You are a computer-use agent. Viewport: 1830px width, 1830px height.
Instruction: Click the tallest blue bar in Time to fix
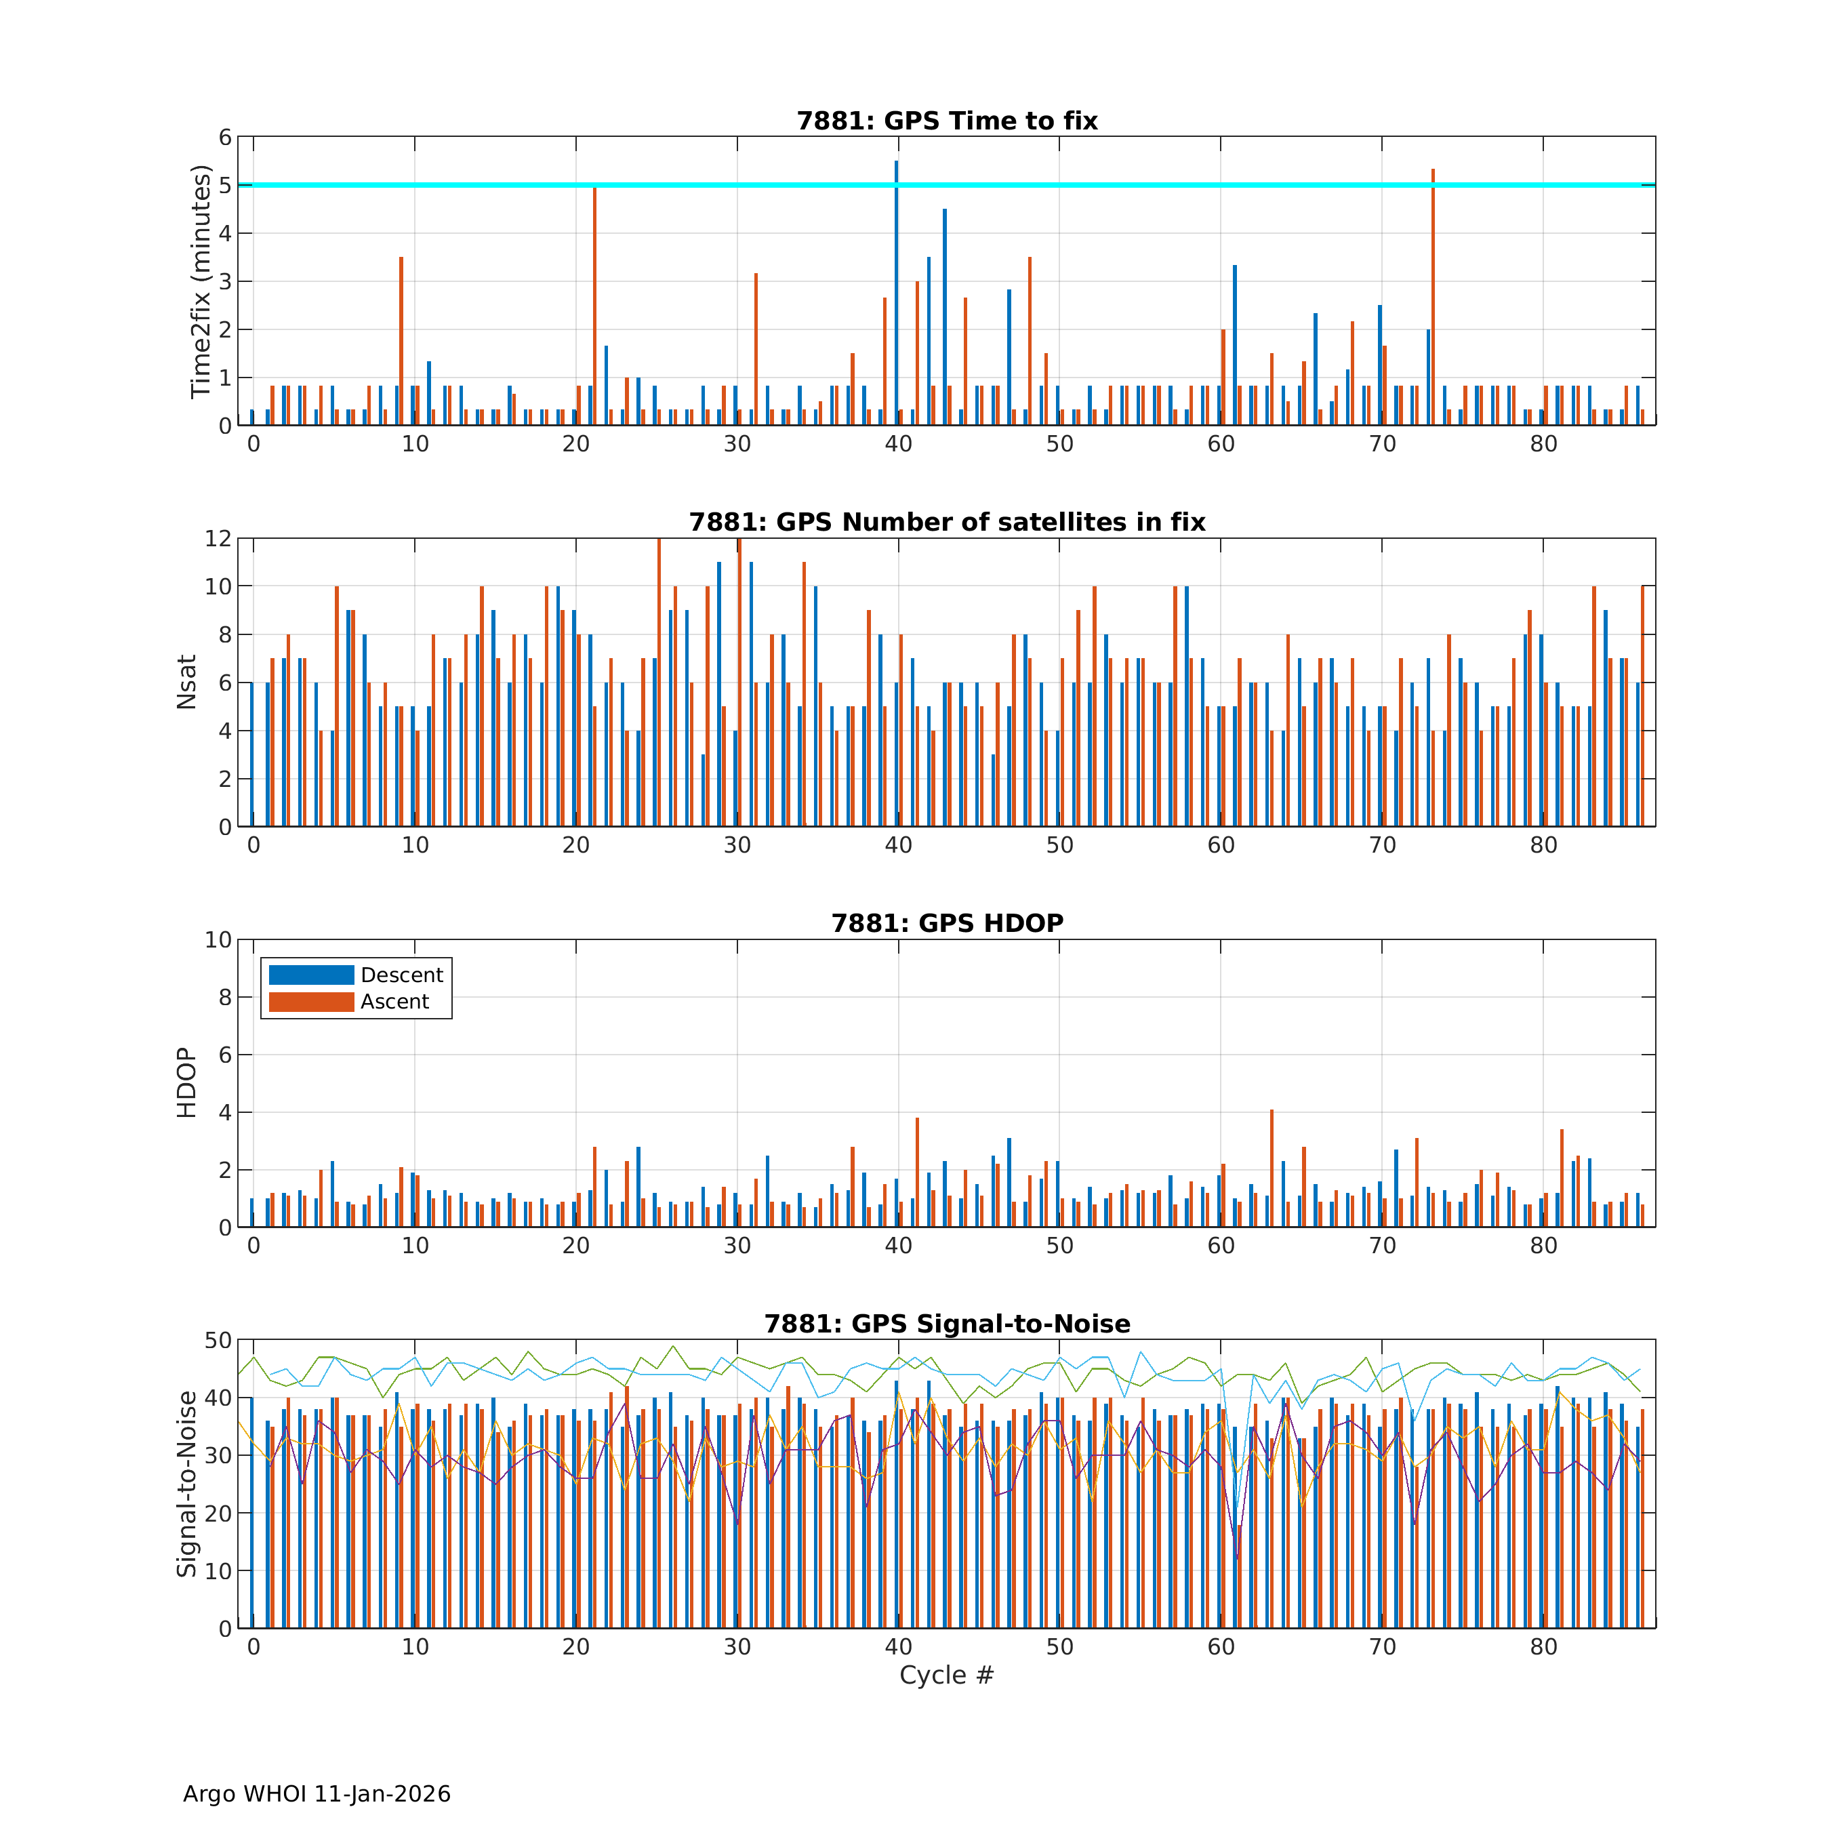coord(896,293)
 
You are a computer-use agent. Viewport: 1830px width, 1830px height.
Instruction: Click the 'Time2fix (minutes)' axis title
coord(200,281)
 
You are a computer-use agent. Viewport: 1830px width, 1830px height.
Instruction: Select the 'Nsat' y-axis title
coord(186,682)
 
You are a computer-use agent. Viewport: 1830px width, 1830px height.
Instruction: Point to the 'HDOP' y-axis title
coord(186,1082)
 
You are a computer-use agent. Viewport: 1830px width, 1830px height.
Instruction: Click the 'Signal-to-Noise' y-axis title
coord(186,1484)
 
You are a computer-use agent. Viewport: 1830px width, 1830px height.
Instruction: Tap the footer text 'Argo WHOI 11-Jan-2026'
coord(317,1794)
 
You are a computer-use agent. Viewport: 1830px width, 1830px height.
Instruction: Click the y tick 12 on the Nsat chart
coord(218,539)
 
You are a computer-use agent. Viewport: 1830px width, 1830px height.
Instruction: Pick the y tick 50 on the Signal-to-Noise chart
coord(218,1340)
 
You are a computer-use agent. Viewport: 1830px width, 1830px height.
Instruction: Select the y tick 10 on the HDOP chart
coord(218,939)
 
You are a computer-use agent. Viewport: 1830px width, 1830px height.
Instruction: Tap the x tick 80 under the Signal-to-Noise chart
coord(1543,1647)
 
